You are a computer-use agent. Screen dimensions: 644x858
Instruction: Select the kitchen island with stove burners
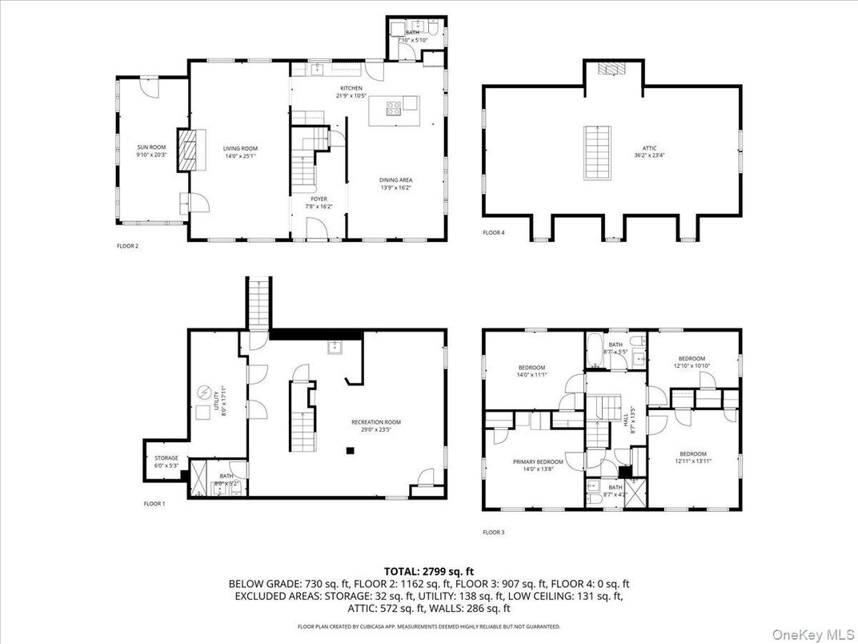pyautogui.click(x=393, y=110)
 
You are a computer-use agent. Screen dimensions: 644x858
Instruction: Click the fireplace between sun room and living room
pyautogui.click(x=186, y=148)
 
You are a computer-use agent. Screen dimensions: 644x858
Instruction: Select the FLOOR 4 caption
pyautogui.click(x=494, y=233)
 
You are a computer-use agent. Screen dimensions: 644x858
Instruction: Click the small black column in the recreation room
pyautogui.click(x=350, y=451)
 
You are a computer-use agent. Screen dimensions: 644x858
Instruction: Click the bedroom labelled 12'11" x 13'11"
pyautogui.click(x=693, y=457)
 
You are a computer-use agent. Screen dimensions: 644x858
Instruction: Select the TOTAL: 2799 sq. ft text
pyautogui.click(x=429, y=571)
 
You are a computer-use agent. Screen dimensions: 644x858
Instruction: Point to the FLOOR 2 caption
pyautogui.click(x=128, y=246)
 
